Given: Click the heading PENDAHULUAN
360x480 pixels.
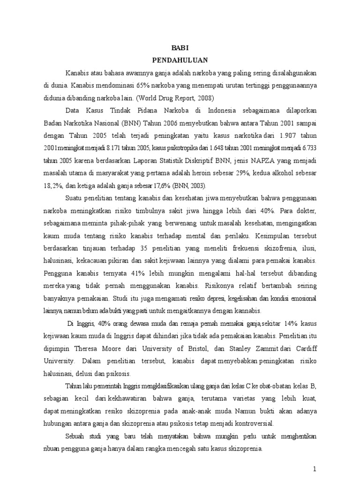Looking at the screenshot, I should [180, 60].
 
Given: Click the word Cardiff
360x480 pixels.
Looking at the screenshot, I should [302, 349].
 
